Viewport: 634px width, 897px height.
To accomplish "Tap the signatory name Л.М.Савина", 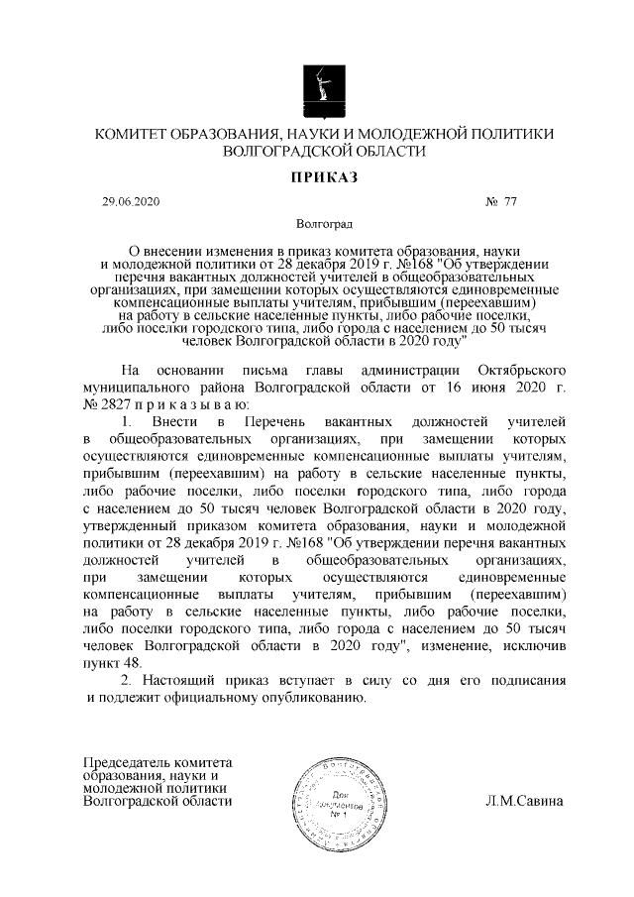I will (524, 801).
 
